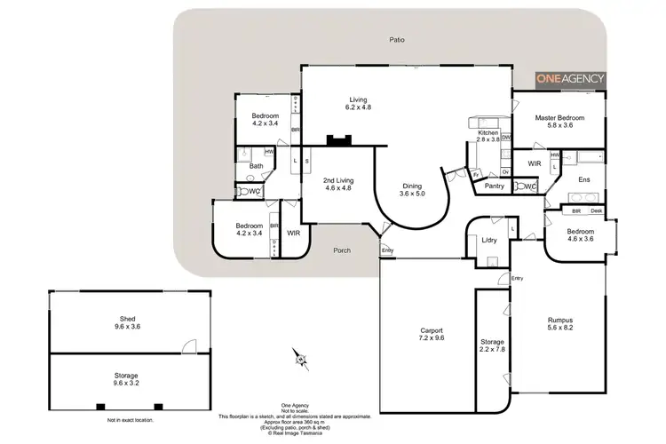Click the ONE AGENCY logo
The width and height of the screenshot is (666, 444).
[x=569, y=78]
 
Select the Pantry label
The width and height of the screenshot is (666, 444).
[x=496, y=186]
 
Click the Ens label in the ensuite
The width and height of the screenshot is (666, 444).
[x=583, y=179]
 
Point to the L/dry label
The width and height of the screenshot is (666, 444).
[x=488, y=241]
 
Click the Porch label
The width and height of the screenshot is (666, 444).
[x=341, y=250]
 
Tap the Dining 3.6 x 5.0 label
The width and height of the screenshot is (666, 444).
[x=412, y=189]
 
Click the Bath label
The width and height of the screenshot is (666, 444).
[x=256, y=166]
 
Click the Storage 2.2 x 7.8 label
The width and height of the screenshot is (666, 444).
[x=493, y=345]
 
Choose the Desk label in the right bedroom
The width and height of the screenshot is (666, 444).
[x=598, y=211]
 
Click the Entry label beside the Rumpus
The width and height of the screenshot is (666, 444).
[x=517, y=278]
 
